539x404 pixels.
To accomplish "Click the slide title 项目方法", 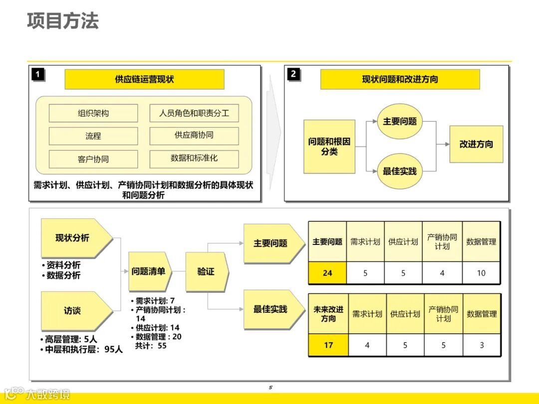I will (63, 21).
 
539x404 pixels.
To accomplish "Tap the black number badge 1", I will (38, 75).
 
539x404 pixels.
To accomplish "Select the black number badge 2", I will (293, 74).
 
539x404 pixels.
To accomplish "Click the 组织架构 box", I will (93, 113).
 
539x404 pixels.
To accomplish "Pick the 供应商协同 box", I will (194, 136).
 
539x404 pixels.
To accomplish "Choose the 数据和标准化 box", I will (194, 159).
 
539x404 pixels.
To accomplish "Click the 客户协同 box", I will (93, 159).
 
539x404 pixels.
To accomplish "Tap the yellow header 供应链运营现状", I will (144, 79).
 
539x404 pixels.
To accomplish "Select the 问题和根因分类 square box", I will (329, 147).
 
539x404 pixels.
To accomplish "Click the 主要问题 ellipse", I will (400, 122).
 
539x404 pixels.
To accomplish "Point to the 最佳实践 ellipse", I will (400, 171).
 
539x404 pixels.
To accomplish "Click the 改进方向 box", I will (476, 144).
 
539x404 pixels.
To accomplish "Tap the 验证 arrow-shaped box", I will (206, 272).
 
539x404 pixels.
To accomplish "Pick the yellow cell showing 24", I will (327, 273).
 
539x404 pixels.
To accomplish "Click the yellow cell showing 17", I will (328, 345).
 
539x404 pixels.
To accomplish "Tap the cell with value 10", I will (481, 273).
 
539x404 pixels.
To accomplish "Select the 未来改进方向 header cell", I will (328, 314).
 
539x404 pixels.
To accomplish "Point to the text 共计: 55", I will (151, 346).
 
